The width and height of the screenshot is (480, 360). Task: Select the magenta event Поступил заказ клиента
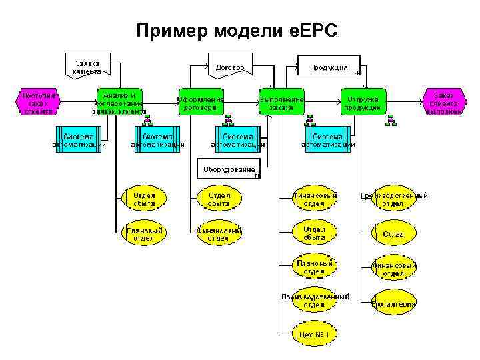[x=38, y=103]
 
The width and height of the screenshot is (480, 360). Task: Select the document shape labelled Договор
[x=230, y=67]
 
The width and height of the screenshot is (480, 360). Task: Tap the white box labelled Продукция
[x=329, y=67]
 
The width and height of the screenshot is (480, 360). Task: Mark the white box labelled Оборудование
[x=229, y=168]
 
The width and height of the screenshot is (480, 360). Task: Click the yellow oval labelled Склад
[x=393, y=234]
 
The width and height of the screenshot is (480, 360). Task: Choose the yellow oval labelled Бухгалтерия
[x=395, y=303]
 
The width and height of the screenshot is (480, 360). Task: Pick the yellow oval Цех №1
[x=314, y=334]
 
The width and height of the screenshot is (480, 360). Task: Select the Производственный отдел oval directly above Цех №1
[x=314, y=301]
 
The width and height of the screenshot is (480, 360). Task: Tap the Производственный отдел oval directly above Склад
[x=394, y=199]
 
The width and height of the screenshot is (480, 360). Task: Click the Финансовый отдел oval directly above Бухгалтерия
[x=394, y=269]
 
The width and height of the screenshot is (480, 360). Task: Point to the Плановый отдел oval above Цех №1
[x=314, y=267]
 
